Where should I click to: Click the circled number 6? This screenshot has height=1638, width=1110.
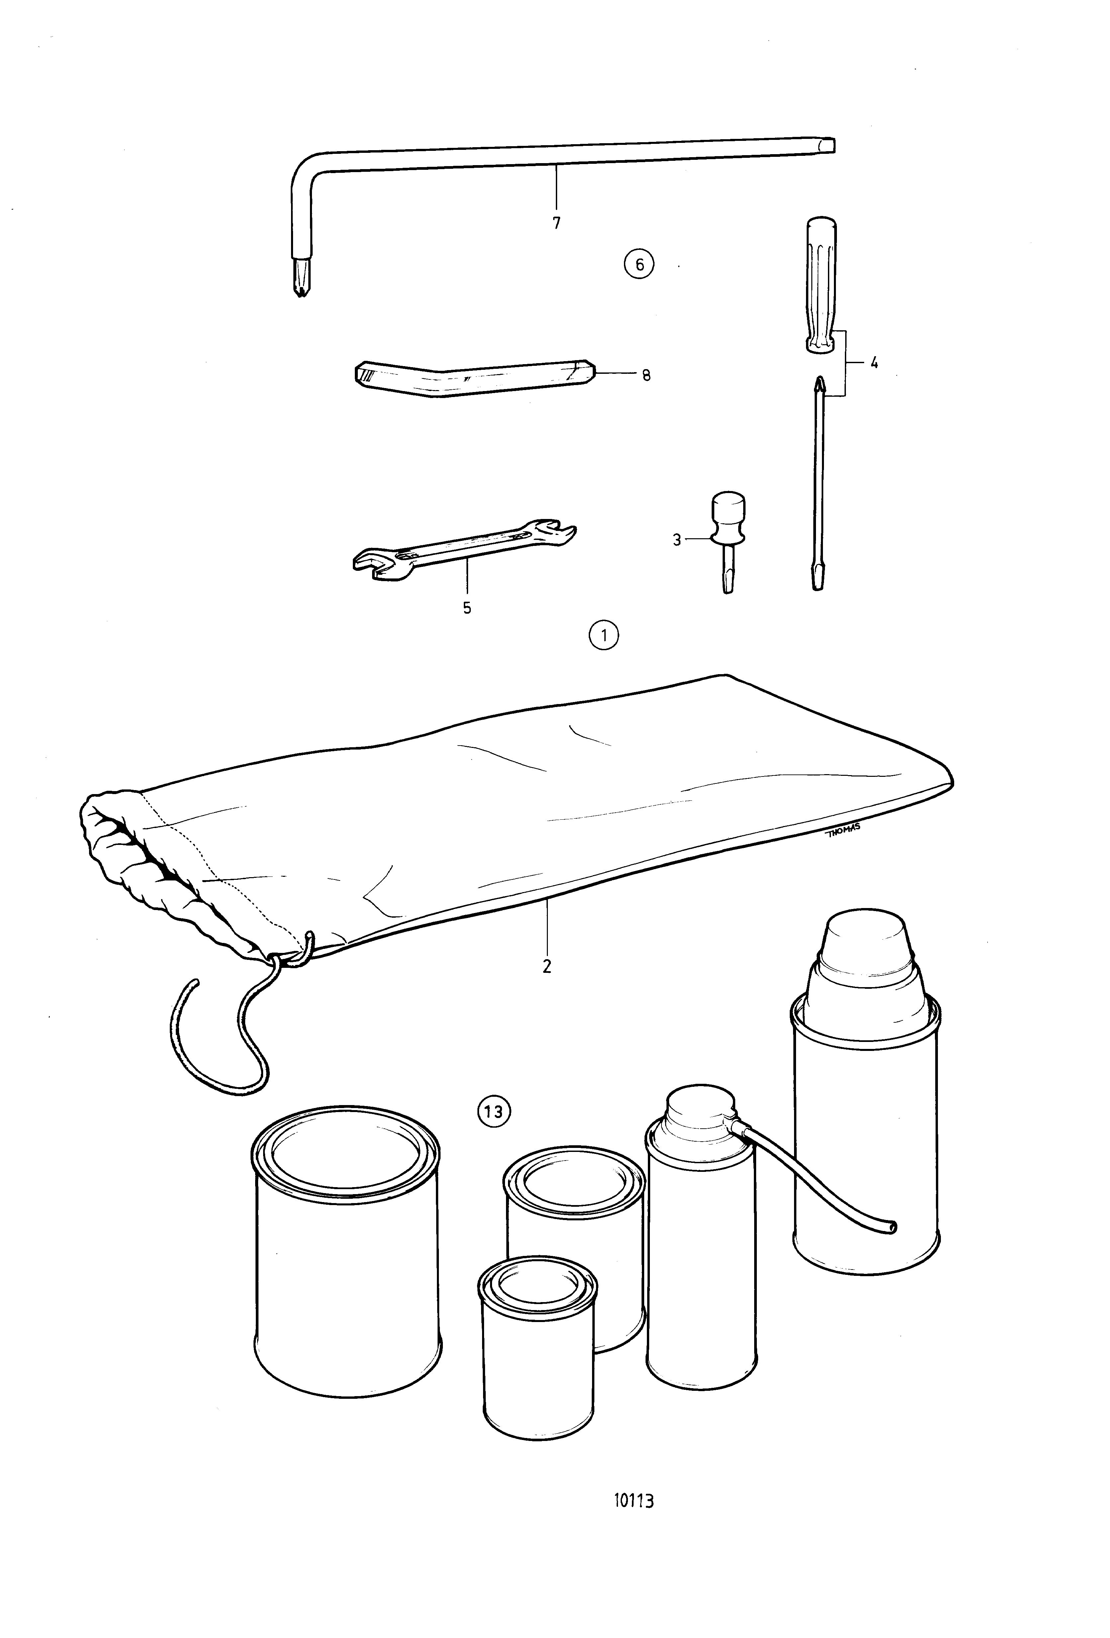[x=639, y=264]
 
